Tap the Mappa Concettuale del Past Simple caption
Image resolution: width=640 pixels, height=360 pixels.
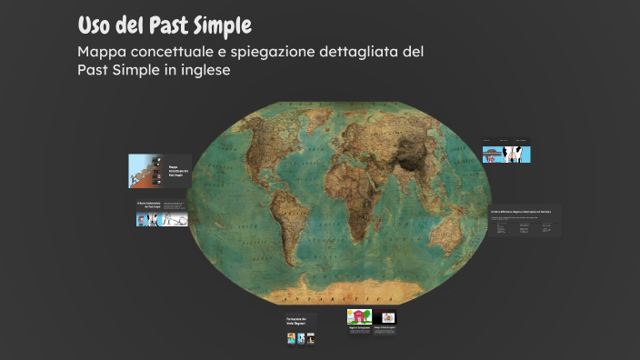point(175,170)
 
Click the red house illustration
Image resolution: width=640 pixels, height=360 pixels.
point(358,317)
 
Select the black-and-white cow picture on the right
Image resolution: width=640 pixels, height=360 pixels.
point(518,154)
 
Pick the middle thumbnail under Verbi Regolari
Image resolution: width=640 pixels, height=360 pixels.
point(301,338)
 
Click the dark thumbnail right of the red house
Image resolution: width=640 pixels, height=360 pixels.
point(388,317)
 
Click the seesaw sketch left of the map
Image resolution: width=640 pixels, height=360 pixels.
point(175,218)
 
